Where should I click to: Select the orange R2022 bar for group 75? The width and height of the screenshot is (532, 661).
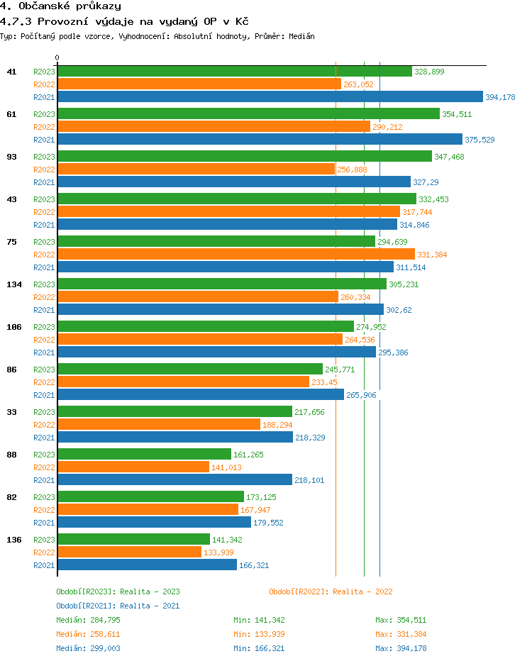235,254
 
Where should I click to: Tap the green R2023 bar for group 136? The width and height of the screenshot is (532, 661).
133,539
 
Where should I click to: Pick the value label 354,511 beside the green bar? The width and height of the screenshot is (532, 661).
457,114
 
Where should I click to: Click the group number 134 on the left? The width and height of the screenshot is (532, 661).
14,284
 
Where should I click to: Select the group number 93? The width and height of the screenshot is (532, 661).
11,157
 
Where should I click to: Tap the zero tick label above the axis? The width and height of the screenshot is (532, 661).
57,58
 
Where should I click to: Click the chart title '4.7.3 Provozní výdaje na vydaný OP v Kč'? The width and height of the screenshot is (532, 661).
124,22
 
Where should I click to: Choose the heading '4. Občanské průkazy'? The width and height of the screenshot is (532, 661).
60,6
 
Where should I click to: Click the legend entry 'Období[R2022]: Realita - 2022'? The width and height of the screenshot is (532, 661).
331,591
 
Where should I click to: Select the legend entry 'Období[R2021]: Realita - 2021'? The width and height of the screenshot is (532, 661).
118,606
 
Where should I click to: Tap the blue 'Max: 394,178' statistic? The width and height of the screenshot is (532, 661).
401,648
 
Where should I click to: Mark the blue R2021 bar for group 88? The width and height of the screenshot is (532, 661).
174,480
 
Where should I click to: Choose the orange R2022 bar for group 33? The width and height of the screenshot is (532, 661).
159,424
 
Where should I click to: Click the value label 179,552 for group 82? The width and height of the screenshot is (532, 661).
270,523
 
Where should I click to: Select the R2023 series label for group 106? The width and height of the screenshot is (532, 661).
44,327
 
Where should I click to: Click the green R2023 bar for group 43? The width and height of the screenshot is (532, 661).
236,199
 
